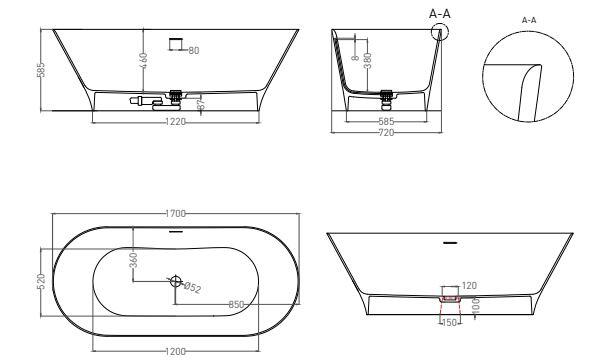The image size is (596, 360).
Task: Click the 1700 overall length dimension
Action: [176, 214]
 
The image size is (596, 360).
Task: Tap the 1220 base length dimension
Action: [176, 122]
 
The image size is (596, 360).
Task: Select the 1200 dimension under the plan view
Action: [176, 352]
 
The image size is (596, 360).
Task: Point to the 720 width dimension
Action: [386, 133]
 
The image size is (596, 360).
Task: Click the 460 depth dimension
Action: [144, 61]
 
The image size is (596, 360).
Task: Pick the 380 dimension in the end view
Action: [368, 60]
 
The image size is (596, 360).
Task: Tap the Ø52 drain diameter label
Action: [192, 287]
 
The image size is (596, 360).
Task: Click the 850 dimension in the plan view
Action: [236, 304]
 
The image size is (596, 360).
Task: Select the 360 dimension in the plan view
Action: [133, 260]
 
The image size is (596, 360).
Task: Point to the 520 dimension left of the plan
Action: [41, 282]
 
